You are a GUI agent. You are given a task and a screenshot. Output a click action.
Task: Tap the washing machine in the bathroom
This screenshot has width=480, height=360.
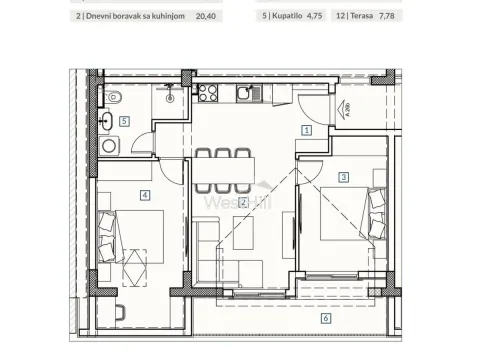click(108, 146)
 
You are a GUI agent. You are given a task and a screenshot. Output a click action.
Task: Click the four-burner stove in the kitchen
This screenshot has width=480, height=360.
click(209, 94)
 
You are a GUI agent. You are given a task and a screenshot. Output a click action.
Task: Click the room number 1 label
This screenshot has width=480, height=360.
click(307, 129)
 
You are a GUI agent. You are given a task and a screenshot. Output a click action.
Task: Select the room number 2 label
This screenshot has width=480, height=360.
click(243, 203)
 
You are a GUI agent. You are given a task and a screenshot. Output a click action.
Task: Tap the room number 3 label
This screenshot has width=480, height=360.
click(343, 177)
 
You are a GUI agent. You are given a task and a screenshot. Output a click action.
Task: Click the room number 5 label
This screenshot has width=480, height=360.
click(124, 121)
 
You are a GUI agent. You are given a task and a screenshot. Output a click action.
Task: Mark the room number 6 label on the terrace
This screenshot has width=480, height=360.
click(325, 318)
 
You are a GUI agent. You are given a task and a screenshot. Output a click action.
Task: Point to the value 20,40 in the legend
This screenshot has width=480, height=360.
click(205, 16)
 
